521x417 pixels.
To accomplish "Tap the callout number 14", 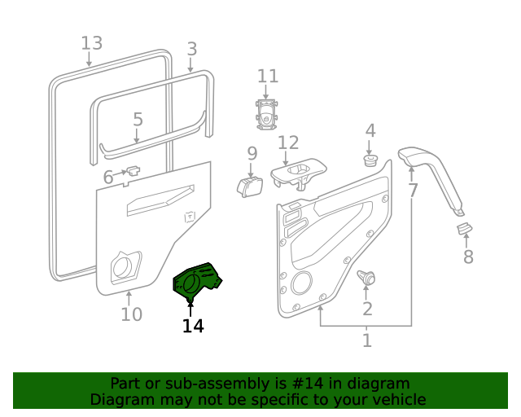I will tap(193, 326).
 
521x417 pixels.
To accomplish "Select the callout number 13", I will tap(92, 43).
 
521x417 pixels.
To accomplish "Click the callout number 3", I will tap(191, 49).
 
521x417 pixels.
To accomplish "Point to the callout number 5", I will tap(138, 120).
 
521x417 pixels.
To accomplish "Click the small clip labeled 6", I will tap(133, 172).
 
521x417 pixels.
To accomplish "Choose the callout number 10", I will tap(131, 314).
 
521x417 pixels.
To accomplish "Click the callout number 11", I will tap(268, 77).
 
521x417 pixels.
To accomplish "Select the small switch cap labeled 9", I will tap(250, 187).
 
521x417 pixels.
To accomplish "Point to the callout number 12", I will tap(288, 143).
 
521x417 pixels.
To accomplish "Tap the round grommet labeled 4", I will tap(370, 160).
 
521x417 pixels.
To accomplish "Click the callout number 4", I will tap(370, 130).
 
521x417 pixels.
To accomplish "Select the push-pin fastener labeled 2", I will tap(368, 279).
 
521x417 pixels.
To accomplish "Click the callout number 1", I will tap(367, 340).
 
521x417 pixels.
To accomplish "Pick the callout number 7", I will tap(413, 191).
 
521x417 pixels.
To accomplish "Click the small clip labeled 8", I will tap(463, 229).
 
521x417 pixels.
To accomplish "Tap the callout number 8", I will tap(468, 257).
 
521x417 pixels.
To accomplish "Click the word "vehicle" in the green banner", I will tap(398, 400).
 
